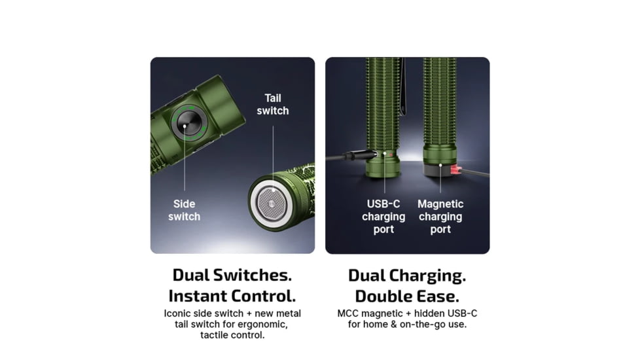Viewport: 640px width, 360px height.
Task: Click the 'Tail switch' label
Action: pyautogui.click(x=273, y=105)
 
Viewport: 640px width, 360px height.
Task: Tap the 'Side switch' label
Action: pyautogui.click(x=184, y=210)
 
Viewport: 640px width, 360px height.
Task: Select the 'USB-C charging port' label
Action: pyautogui.click(x=383, y=216)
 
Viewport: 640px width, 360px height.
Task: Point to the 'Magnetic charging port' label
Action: pyautogui.click(x=440, y=216)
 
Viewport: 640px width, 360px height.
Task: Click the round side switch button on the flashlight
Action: pyautogui.click(x=189, y=122)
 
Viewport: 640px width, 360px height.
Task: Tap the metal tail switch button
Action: pyautogui.click(x=270, y=203)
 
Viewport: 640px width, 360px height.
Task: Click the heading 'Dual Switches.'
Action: pyautogui.click(x=232, y=275)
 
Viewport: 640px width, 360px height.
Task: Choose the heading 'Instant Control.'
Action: pyautogui.click(x=232, y=296)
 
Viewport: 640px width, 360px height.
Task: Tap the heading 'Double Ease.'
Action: pyautogui.click(x=407, y=297)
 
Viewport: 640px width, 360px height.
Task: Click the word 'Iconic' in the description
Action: pyautogui.click(x=176, y=314)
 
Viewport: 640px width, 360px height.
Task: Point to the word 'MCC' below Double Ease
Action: pyautogui.click(x=347, y=314)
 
